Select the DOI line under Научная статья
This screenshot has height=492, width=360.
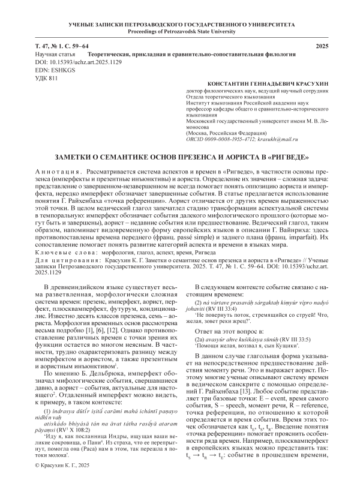tap(68, 62)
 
